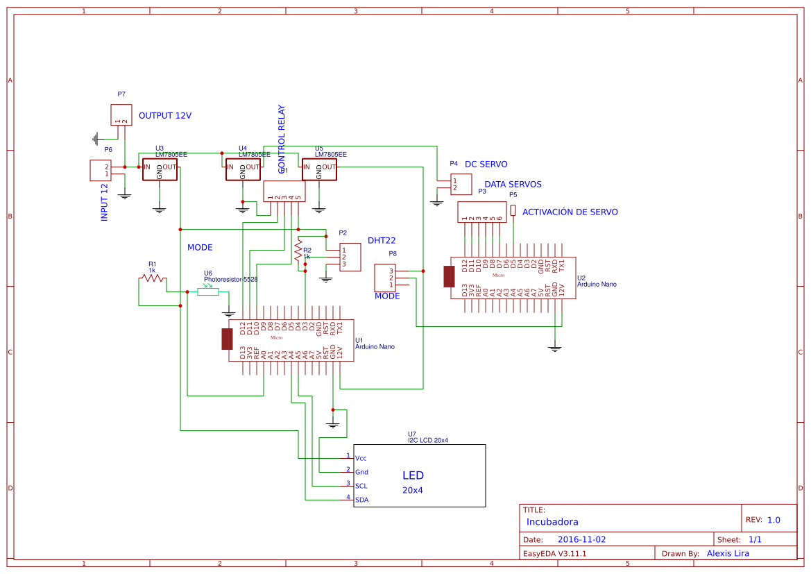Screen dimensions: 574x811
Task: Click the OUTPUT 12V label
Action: [x=165, y=116]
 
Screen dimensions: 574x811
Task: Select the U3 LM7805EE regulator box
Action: [x=160, y=169]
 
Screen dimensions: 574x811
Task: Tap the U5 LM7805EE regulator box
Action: [x=319, y=169]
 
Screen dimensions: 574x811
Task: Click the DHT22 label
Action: [x=382, y=240]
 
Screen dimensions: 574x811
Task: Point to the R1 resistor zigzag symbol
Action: [x=152, y=278]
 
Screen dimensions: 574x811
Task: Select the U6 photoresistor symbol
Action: [x=208, y=292]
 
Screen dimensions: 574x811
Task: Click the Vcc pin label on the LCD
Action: [x=361, y=458]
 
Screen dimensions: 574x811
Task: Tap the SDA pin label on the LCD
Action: [x=361, y=500]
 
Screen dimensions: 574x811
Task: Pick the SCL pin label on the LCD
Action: [x=361, y=486]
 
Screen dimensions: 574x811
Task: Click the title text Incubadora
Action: [x=552, y=522]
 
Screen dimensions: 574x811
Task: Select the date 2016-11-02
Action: [x=581, y=539]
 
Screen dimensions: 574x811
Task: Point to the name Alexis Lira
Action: [x=728, y=553]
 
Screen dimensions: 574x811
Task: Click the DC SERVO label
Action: [x=486, y=164]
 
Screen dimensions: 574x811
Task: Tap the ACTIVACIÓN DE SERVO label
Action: [x=570, y=212]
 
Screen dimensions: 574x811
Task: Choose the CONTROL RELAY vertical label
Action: [x=282, y=140]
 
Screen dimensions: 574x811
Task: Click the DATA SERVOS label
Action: [x=513, y=185]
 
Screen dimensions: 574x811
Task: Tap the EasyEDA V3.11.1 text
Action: [x=555, y=553]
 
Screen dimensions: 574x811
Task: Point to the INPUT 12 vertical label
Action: [x=105, y=202]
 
